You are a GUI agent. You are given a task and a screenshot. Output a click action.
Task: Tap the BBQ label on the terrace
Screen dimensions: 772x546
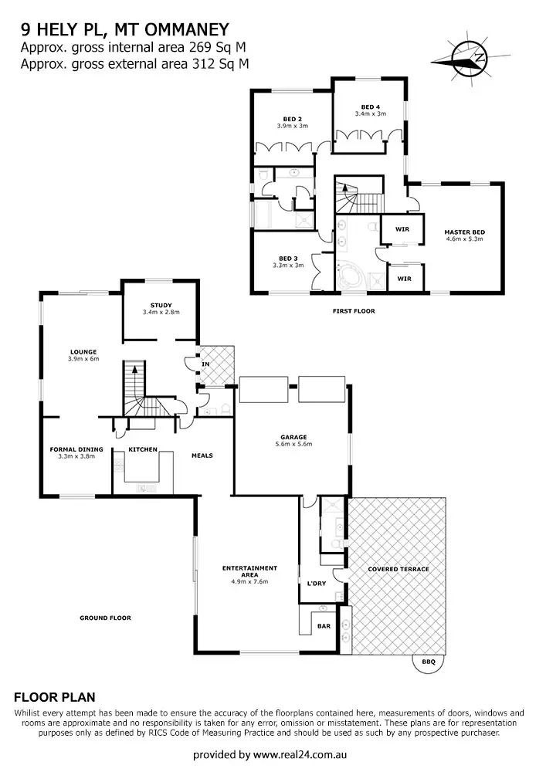click(428, 662)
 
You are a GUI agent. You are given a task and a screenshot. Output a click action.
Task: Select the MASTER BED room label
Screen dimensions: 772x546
click(463, 232)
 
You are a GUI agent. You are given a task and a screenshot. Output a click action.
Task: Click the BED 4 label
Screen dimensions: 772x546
click(370, 107)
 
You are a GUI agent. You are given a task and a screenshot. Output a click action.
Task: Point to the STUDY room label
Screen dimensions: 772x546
click(161, 305)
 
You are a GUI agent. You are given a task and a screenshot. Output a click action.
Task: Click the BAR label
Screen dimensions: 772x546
click(324, 626)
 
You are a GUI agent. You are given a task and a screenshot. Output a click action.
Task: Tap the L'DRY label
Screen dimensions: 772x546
click(316, 584)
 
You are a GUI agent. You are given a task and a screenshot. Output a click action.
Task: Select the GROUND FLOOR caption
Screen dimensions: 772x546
click(105, 618)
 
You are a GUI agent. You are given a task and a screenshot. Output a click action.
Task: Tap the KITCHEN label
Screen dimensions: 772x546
click(143, 449)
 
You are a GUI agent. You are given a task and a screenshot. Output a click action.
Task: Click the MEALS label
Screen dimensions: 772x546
click(202, 455)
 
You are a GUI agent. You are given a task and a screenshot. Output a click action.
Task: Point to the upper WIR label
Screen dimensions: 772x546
click(402, 229)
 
